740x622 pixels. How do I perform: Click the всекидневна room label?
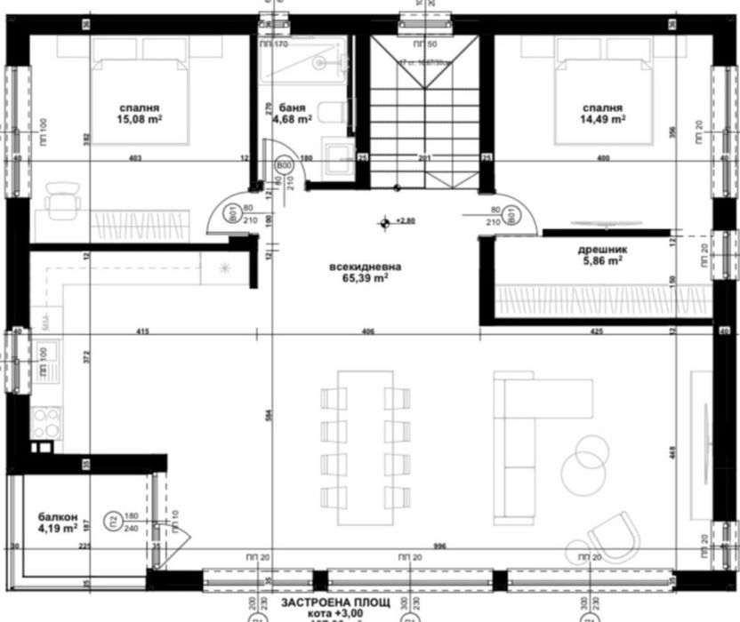[x=365, y=266]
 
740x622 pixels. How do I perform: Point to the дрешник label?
[x=603, y=250]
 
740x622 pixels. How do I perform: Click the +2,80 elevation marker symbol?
[x=385, y=221]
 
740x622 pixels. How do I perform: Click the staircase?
[x=424, y=111]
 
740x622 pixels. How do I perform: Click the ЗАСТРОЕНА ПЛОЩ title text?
[x=337, y=602]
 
